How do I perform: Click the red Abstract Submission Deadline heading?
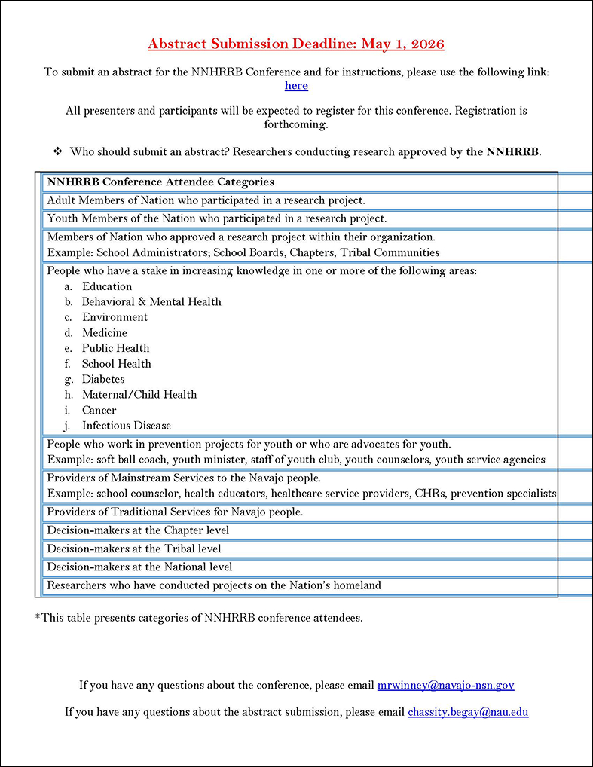point(296,44)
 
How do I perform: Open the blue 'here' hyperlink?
point(296,86)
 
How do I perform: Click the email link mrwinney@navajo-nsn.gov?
point(445,685)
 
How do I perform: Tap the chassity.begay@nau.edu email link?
point(468,710)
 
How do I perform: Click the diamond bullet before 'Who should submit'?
point(57,151)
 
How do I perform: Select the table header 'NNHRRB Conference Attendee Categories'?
point(160,182)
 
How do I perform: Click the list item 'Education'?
point(107,286)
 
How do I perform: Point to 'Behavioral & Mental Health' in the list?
point(151,301)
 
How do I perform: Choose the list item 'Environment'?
point(115,317)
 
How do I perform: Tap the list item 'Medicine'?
point(105,332)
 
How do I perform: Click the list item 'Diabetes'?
point(103,379)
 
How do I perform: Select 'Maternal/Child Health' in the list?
point(139,394)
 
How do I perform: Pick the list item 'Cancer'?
point(99,410)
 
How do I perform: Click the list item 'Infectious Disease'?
point(127,425)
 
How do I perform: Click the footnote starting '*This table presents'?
point(198,618)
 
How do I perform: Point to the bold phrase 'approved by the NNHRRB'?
point(468,151)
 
